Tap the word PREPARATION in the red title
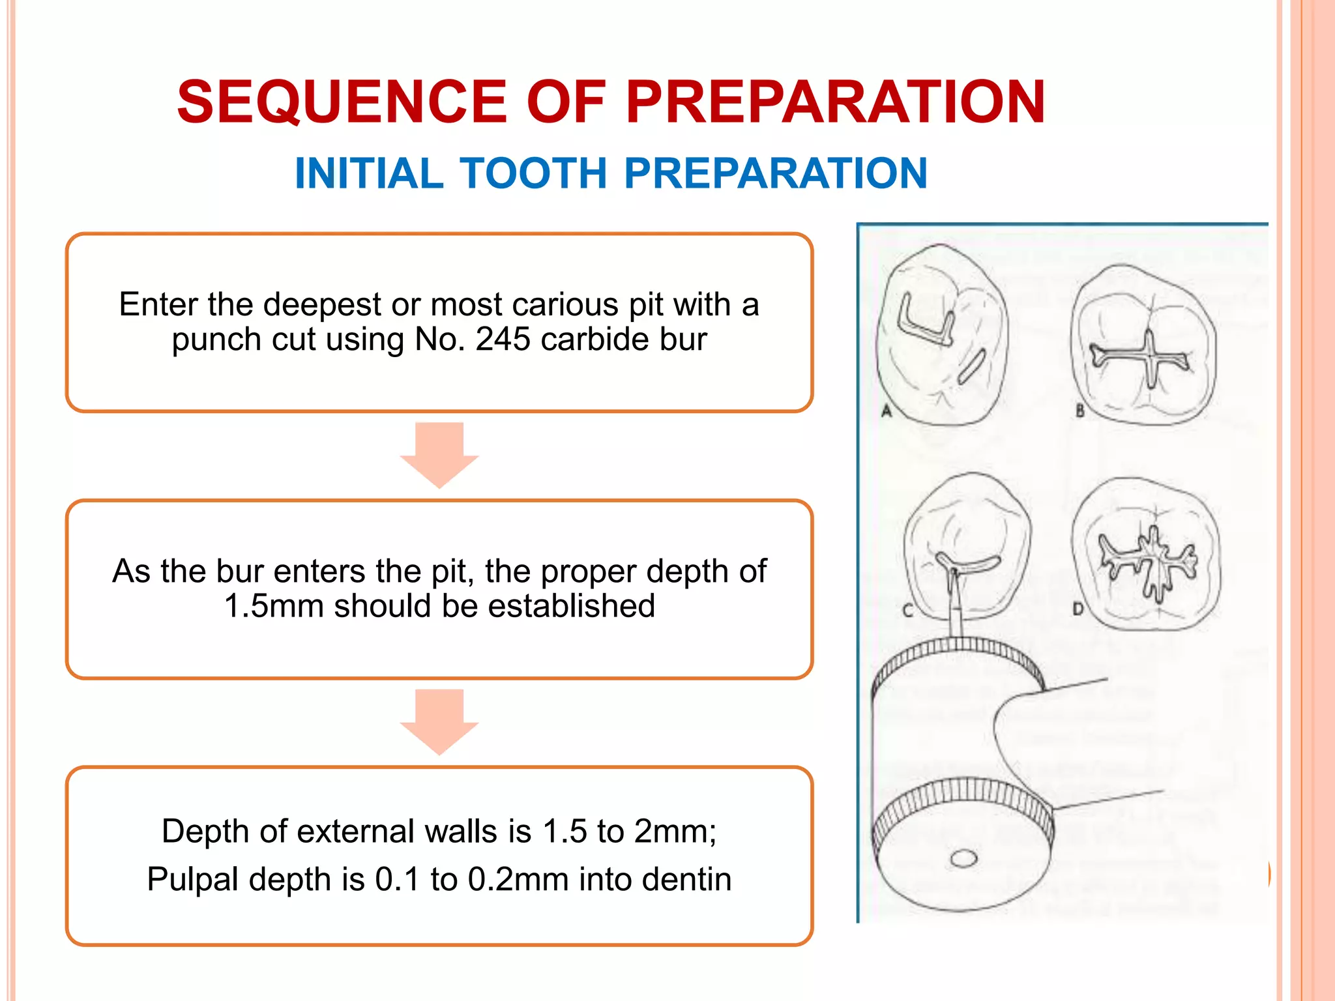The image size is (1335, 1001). [836, 102]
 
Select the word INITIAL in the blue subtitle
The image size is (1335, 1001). [369, 173]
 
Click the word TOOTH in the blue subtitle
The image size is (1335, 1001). [534, 173]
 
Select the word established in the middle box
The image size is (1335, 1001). [571, 605]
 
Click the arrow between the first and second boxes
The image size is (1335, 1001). [439, 455]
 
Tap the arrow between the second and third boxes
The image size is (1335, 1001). [439, 721]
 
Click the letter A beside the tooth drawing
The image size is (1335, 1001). [887, 411]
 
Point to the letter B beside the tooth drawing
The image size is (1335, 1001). [1080, 411]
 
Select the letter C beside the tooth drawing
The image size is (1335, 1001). [907, 611]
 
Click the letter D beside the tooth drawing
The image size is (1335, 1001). [1078, 609]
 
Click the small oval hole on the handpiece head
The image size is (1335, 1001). [963, 858]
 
